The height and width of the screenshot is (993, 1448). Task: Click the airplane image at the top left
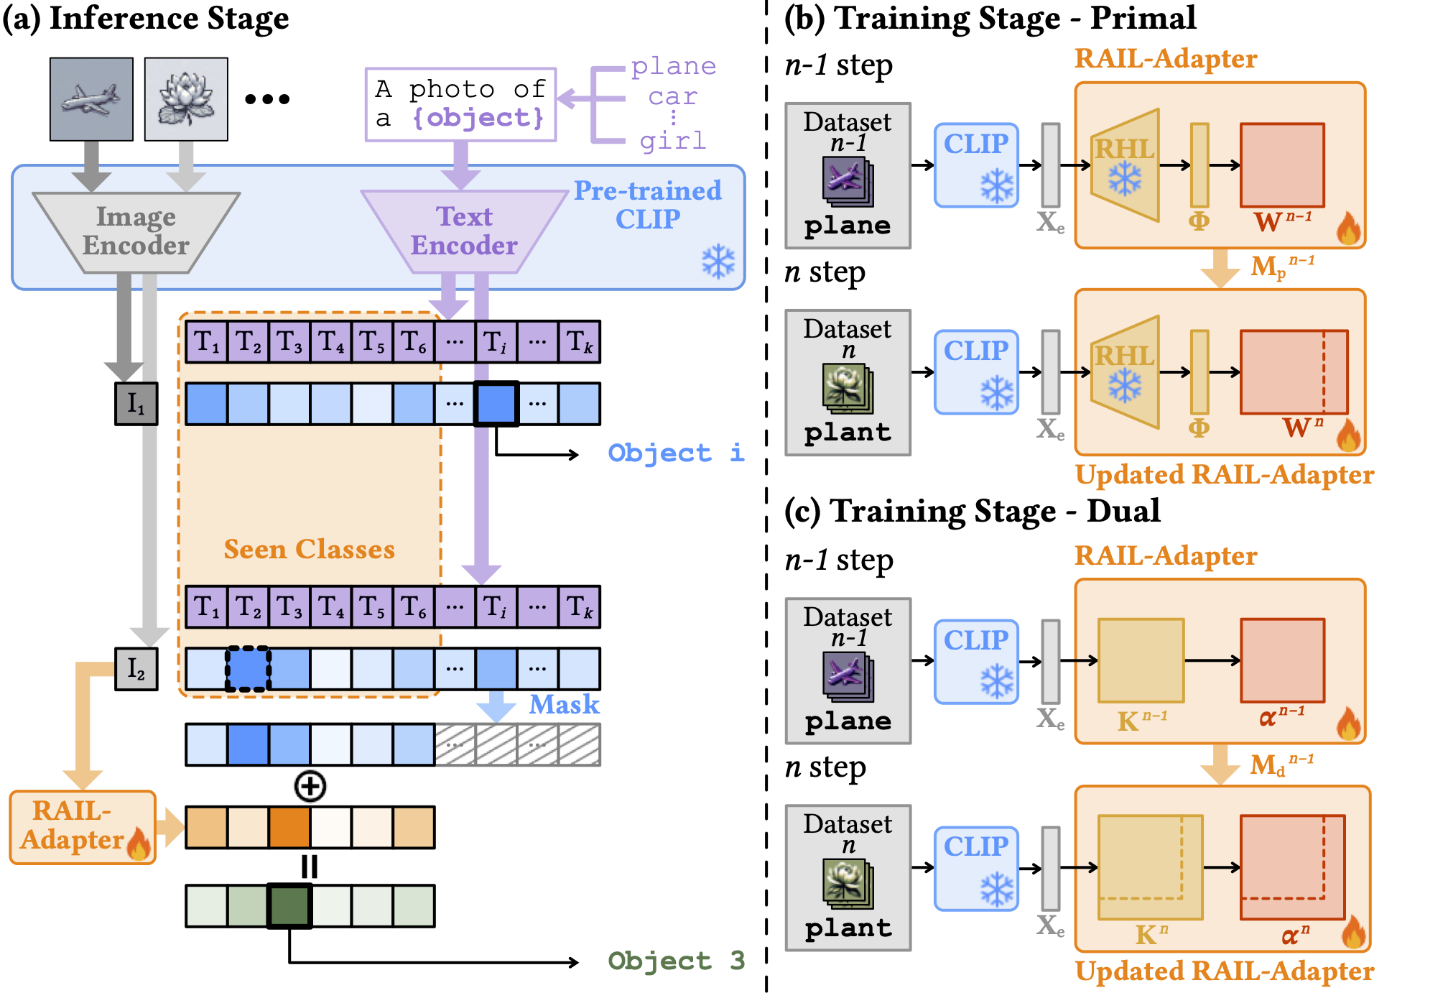pyautogui.click(x=91, y=99)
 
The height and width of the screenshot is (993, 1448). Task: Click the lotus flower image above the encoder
pyautogui.click(x=186, y=99)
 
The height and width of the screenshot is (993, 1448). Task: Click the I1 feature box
pyautogui.click(x=136, y=404)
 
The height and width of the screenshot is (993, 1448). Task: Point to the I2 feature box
pyautogui.click(x=136, y=668)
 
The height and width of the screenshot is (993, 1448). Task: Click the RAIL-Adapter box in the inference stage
pyautogui.click(x=83, y=827)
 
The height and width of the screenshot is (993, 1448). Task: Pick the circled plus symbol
pyautogui.click(x=310, y=785)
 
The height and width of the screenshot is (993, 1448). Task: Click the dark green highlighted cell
pyautogui.click(x=289, y=906)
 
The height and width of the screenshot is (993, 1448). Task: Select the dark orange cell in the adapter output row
pyautogui.click(x=289, y=827)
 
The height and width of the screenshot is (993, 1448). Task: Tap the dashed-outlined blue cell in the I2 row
pyautogui.click(x=249, y=669)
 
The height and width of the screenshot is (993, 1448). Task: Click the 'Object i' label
pyautogui.click(x=675, y=453)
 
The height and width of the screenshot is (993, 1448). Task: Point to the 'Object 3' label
pyautogui.click(x=675, y=961)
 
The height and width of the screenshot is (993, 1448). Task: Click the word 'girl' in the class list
pyautogui.click(x=673, y=141)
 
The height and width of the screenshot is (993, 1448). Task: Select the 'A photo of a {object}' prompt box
pyautogui.click(x=460, y=104)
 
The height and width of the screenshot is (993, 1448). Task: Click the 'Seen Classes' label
pyautogui.click(x=309, y=549)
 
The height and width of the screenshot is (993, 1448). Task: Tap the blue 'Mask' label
pyautogui.click(x=564, y=705)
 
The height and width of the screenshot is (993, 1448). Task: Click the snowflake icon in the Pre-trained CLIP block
pyautogui.click(x=718, y=262)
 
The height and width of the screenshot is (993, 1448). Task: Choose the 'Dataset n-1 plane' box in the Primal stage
pyautogui.click(x=848, y=175)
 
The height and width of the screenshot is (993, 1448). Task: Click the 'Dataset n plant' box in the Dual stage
pyautogui.click(x=848, y=878)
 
